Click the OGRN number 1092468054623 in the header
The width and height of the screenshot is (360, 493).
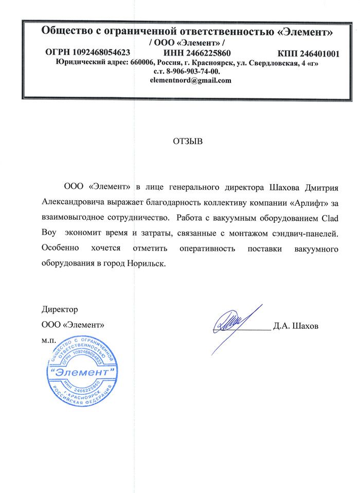(x=101, y=52)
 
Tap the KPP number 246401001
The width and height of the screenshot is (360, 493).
(x=315, y=52)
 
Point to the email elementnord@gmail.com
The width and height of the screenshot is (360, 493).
(x=190, y=80)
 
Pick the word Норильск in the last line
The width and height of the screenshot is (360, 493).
(x=145, y=263)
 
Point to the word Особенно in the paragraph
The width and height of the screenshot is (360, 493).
(x=60, y=249)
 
